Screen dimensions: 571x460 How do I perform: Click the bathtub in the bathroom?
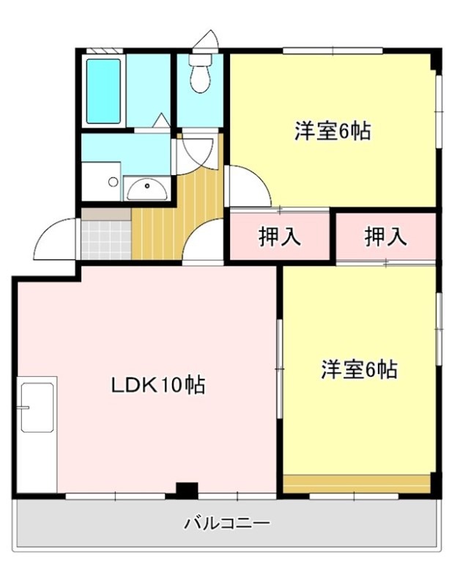[103, 91]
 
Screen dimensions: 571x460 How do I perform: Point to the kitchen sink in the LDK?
[37, 406]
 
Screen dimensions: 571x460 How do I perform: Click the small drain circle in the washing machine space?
[114, 181]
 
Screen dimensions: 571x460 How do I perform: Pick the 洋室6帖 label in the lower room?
[358, 369]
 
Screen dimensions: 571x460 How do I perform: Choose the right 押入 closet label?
[385, 236]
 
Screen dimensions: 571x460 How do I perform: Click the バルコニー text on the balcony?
[227, 523]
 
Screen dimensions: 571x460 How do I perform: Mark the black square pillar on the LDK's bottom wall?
[188, 490]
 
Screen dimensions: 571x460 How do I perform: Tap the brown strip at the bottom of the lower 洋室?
[356, 484]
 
